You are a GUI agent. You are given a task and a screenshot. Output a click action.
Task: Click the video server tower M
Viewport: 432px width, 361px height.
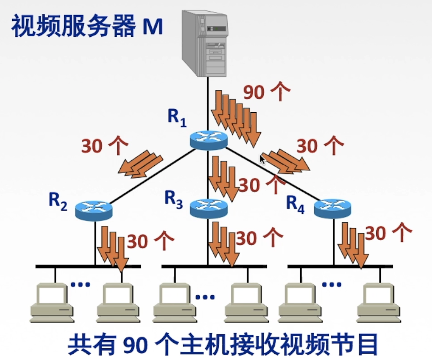click(204, 43)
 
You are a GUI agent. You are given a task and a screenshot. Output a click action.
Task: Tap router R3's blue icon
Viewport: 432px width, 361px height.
click(208, 208)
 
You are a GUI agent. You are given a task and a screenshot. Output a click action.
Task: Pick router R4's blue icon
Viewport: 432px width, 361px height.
click(332, 208)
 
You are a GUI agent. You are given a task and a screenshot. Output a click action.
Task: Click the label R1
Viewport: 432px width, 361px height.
click(177, 117)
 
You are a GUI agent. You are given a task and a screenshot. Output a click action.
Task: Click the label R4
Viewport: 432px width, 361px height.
click(295, 205)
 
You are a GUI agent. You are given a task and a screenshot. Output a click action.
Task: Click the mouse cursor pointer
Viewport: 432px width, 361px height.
click(262, 160)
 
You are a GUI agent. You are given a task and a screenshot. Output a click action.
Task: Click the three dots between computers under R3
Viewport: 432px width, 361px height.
click(205, 297)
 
